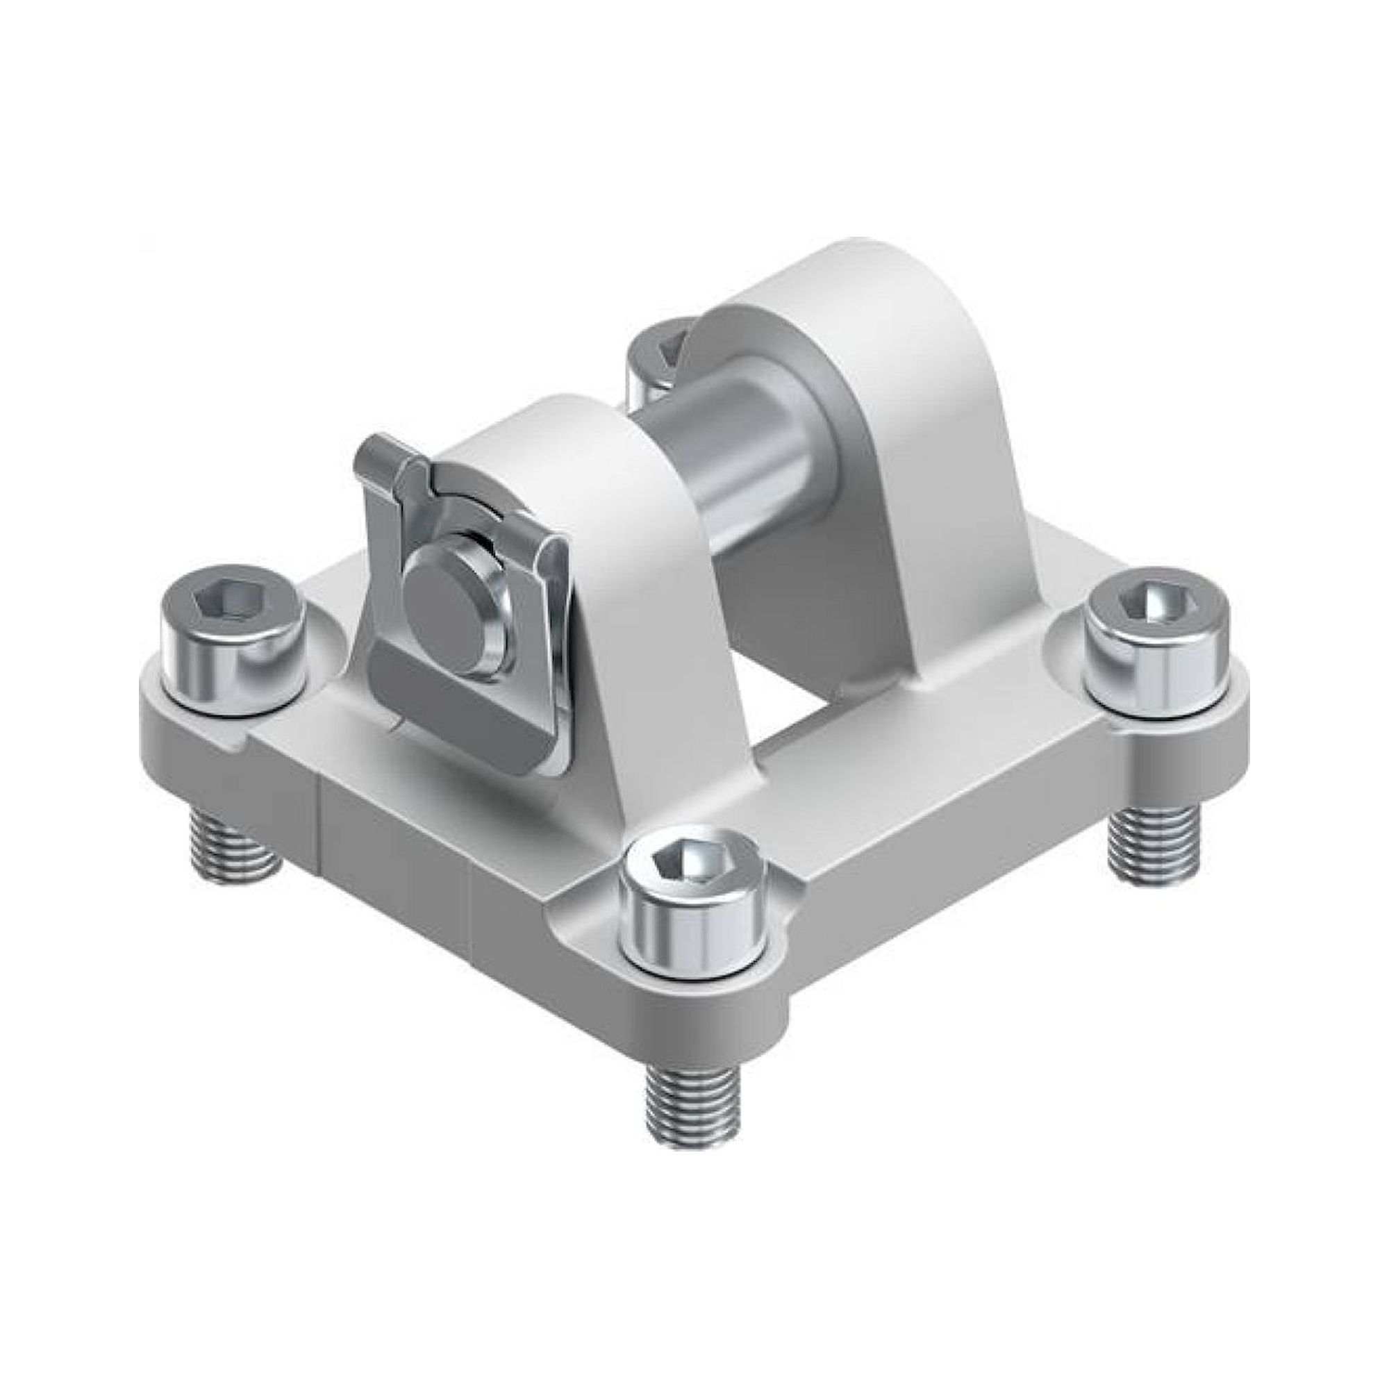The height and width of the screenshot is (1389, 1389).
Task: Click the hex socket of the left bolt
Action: (228, 599)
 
